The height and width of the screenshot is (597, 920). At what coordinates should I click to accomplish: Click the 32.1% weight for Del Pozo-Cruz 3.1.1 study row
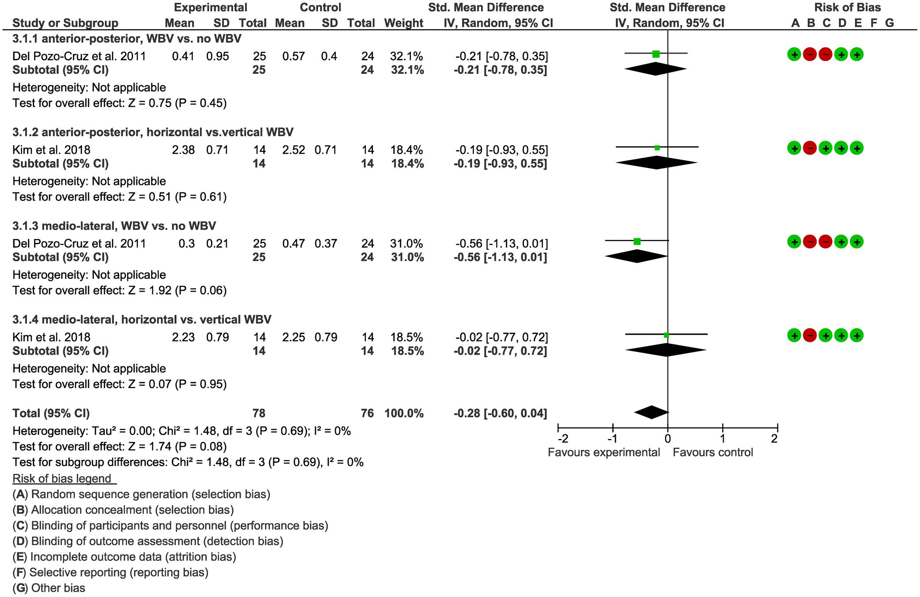[x=407, y=56]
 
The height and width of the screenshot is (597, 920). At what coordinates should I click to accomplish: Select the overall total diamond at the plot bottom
[x=651, y=412]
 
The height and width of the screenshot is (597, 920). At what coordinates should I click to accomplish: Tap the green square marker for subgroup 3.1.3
[x=637, y=241]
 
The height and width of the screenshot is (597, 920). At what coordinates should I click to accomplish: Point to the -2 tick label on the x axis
[x=562, y=439]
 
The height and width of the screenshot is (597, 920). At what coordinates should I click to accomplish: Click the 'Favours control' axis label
[x=713, y=452]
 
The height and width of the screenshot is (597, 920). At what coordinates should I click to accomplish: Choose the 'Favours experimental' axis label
[x=604, y=452]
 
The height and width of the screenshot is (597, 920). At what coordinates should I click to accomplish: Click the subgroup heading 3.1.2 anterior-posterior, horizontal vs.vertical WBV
[x=153, y=132]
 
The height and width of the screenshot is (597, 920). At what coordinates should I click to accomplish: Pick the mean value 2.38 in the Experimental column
[x=183, y=150]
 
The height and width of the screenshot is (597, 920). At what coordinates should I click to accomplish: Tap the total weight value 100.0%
[x=404, y=413]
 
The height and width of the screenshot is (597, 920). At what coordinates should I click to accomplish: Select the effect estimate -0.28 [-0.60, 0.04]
[x=500, y=413]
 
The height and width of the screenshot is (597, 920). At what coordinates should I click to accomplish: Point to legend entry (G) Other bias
[x=49, y=588]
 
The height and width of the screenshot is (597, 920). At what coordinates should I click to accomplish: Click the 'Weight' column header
[x=404, y=23]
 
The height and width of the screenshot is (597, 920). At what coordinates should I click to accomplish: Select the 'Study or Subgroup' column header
[x=65, y=23]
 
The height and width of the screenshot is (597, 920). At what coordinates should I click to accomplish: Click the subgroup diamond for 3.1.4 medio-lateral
[x=666, y=350]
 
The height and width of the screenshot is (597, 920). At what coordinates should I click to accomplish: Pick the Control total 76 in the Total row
[x=367, y=413]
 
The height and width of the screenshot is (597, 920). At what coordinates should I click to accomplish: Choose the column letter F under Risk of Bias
[x=874, y=23]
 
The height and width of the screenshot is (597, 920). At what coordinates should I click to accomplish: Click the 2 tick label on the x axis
[x=774, y=439]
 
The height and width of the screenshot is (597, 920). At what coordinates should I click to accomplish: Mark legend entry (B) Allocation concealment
[x=123, y=510]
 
